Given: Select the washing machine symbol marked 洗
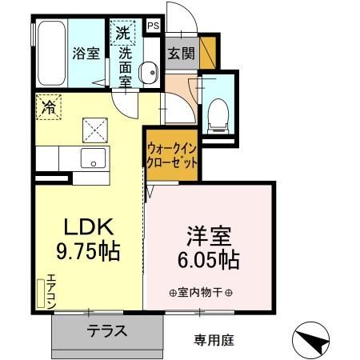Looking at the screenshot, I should pos(122,33).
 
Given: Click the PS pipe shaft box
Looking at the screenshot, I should pos(154,26).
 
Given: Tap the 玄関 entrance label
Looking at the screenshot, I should pos(181,54).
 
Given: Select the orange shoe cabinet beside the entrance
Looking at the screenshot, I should pos(208,52).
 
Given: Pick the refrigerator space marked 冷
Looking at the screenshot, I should pos(49,106).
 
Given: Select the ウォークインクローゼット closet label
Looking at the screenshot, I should pos(172,154).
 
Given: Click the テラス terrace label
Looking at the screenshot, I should pos(106,331).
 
